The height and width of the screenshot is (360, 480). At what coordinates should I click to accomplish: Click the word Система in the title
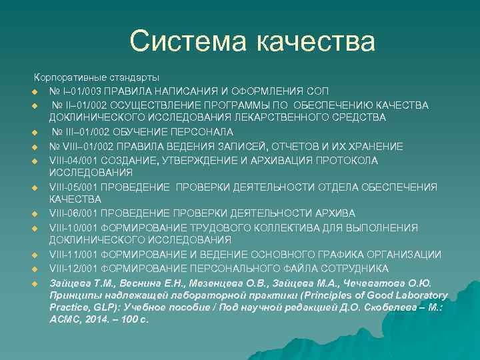pyautogui.click(x=188, y=41)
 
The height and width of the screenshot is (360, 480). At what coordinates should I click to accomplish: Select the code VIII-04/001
pyautogui.click(x=75, y=161)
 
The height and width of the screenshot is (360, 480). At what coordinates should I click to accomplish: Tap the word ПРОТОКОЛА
pyautogui.click(x=345, y=161)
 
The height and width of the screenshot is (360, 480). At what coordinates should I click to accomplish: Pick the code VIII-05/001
pyautogui.click(x=75, y=187)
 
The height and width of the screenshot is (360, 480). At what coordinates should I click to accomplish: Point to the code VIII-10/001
pyautogui.click(x=75, y=228)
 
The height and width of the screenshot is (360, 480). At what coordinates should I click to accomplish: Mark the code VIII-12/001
pyautogui.click(x=75, y=269)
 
